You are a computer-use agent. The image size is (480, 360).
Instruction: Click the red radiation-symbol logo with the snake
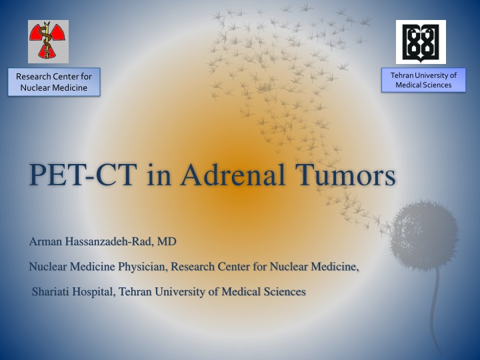[x=48, y=41]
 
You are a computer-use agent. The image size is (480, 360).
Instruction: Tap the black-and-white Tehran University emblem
[x=421, y=42]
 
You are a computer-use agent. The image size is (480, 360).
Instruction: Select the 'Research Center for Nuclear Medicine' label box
[x=54, y=82]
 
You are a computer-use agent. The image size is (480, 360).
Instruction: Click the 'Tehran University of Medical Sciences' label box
[x=423, y=80]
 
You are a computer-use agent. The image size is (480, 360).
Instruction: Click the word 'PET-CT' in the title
[x=83, y=175]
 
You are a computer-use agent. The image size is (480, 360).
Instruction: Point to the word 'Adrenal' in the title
[x=233, y=175]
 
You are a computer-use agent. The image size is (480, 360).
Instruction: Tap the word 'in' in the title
[x=159, y=175]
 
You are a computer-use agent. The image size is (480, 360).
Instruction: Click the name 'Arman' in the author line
[x=45, y=241]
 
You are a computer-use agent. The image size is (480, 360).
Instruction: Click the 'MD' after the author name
[x=167, y=241]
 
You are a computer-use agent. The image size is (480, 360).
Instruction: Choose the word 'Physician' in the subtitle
[x=143, y=267]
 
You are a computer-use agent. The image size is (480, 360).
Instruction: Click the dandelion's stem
[x=434, y=309]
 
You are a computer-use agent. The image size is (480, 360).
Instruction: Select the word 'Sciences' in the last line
[x=285, y=291]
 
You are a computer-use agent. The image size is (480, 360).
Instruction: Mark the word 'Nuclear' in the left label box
[x=33, y=88]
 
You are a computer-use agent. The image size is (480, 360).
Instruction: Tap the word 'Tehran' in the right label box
[x=401, y=75]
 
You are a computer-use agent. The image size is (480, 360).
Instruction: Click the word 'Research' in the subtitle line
[x=193, y=267]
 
